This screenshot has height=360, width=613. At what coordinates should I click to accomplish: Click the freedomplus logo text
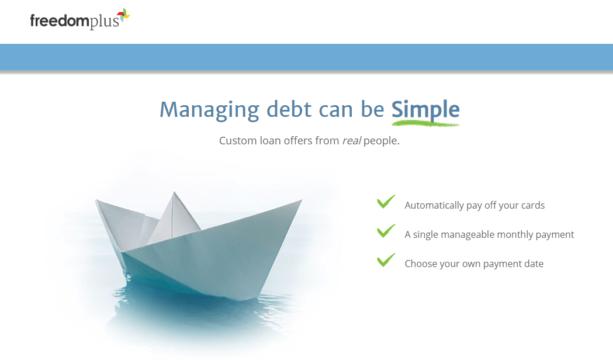[x=74, y=22]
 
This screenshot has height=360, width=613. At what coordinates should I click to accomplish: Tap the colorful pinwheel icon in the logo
[x=123, y=17]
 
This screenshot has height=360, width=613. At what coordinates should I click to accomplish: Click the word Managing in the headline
[x=209, y=110]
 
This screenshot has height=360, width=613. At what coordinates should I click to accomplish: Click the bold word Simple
[x=425, y=109]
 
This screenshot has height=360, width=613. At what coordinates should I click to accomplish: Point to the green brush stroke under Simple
[x=425, y=123]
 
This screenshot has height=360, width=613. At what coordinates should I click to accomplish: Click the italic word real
[x=351, y=141]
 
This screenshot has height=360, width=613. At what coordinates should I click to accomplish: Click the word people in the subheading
[x=381, y=141]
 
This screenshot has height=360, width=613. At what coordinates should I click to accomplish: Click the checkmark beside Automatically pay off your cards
[x=386, y=202]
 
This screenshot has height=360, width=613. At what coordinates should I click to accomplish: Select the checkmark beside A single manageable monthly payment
[x=386, y=231]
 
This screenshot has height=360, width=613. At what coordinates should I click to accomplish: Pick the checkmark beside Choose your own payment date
[x=386, y=261]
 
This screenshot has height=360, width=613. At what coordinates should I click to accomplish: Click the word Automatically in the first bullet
[x=434, y=205]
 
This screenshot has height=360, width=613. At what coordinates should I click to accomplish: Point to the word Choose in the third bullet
[x=420, y=264]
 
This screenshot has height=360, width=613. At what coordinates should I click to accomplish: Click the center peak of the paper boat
[x=174, y=196]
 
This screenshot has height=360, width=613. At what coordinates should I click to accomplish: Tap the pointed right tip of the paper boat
[x=300, y=202]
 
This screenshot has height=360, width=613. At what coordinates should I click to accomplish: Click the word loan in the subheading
[x=270, y=141]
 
